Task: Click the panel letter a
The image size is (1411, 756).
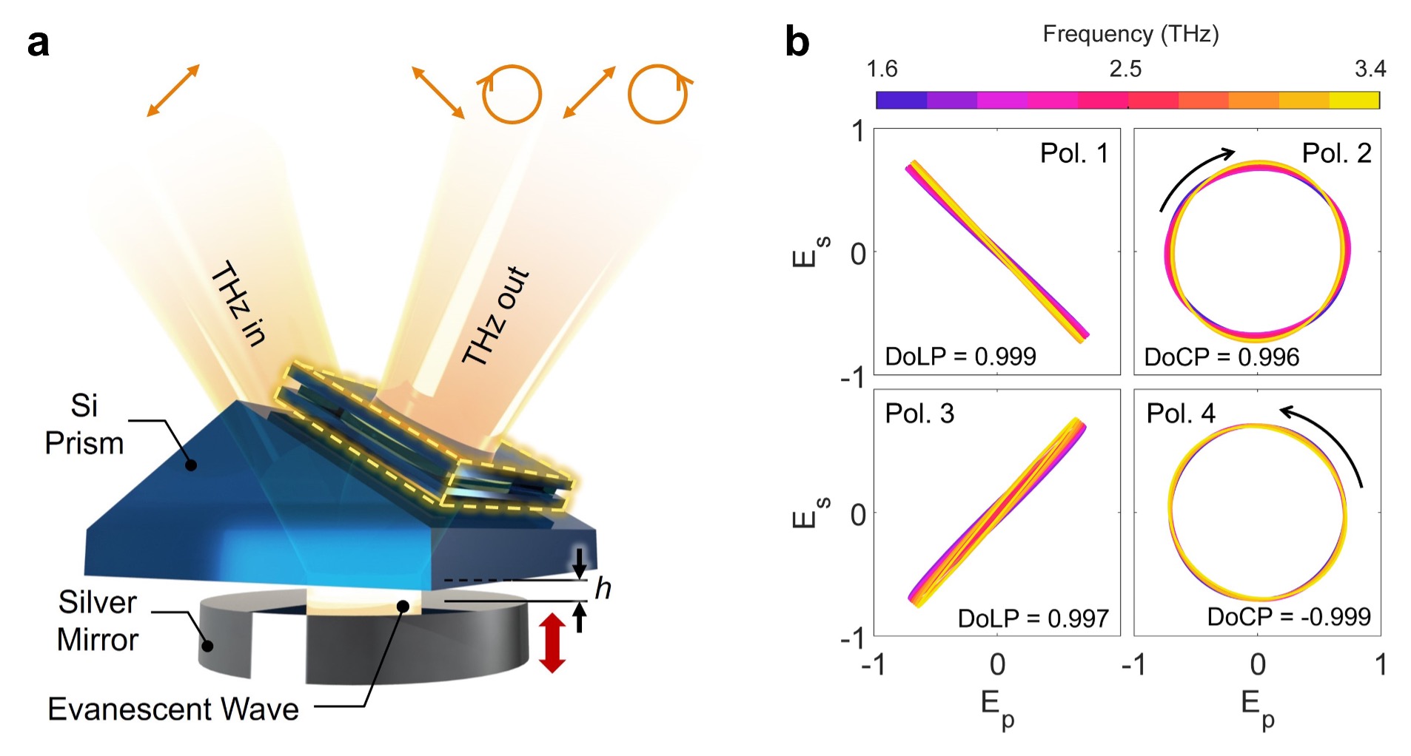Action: coord(38,44)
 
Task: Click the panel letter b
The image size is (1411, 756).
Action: coord(797,42)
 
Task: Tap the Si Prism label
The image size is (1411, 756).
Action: coord(84,425)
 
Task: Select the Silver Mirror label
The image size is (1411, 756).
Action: coord(98,621)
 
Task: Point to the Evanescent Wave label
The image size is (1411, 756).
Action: coord(173,709)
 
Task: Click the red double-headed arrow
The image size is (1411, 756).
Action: coord(552,643)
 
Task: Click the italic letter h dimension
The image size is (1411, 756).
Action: coord(603,589)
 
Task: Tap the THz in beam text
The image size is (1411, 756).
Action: coord(238,303)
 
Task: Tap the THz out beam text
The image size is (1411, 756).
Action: coord(496,316)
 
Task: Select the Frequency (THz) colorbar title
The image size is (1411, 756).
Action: coord(1130,34)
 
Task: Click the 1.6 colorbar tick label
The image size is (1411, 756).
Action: coord(882,70)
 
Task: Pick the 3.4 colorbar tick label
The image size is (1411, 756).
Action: coord(1370,70)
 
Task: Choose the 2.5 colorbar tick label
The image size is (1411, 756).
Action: coord(1125,70)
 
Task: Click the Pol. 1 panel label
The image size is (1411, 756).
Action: coord(1073,153)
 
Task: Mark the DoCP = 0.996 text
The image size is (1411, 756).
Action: coord(1221,357)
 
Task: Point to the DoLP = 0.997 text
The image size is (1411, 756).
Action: coord(1033,618)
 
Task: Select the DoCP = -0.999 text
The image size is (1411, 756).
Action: coord(1289,617)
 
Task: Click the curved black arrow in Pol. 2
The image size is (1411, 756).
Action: coord(1193,175)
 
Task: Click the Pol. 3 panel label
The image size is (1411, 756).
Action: coord(919,414)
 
